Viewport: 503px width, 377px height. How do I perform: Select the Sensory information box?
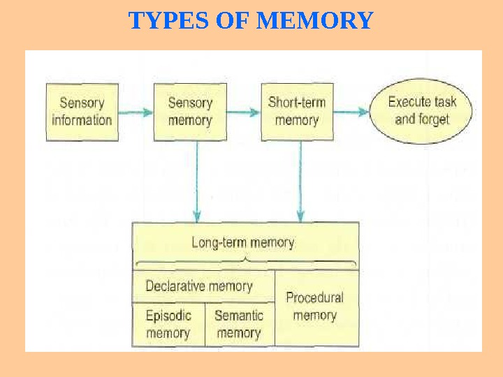click(x=82, y=112)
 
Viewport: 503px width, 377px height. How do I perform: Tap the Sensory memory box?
click(x=190, y=112)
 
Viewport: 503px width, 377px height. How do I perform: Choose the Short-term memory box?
click(x=297, y=112)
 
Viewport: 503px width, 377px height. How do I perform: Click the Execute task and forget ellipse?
click(x=421, y=111)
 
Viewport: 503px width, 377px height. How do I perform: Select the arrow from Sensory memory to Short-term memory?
click(x=243, y=112)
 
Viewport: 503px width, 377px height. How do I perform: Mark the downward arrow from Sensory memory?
click(x=198, y=182)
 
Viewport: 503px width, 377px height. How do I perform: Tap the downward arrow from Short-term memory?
click(x=300, y=182)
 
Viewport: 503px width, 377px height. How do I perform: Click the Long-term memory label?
click(x=243, y=243)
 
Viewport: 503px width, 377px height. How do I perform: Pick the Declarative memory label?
click(x=199, y=286)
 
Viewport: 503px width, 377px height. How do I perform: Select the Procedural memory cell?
click(x=315, y=306)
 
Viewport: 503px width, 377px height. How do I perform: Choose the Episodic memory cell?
click(x=168, y=325)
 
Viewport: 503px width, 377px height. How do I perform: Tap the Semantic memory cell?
click(x=239, y=325)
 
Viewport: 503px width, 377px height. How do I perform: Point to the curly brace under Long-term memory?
click(x=245, y=262)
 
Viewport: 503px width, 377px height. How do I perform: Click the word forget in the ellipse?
click(x=434, y=119)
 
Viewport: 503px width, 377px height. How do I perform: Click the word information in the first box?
click(x=82, y=120)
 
